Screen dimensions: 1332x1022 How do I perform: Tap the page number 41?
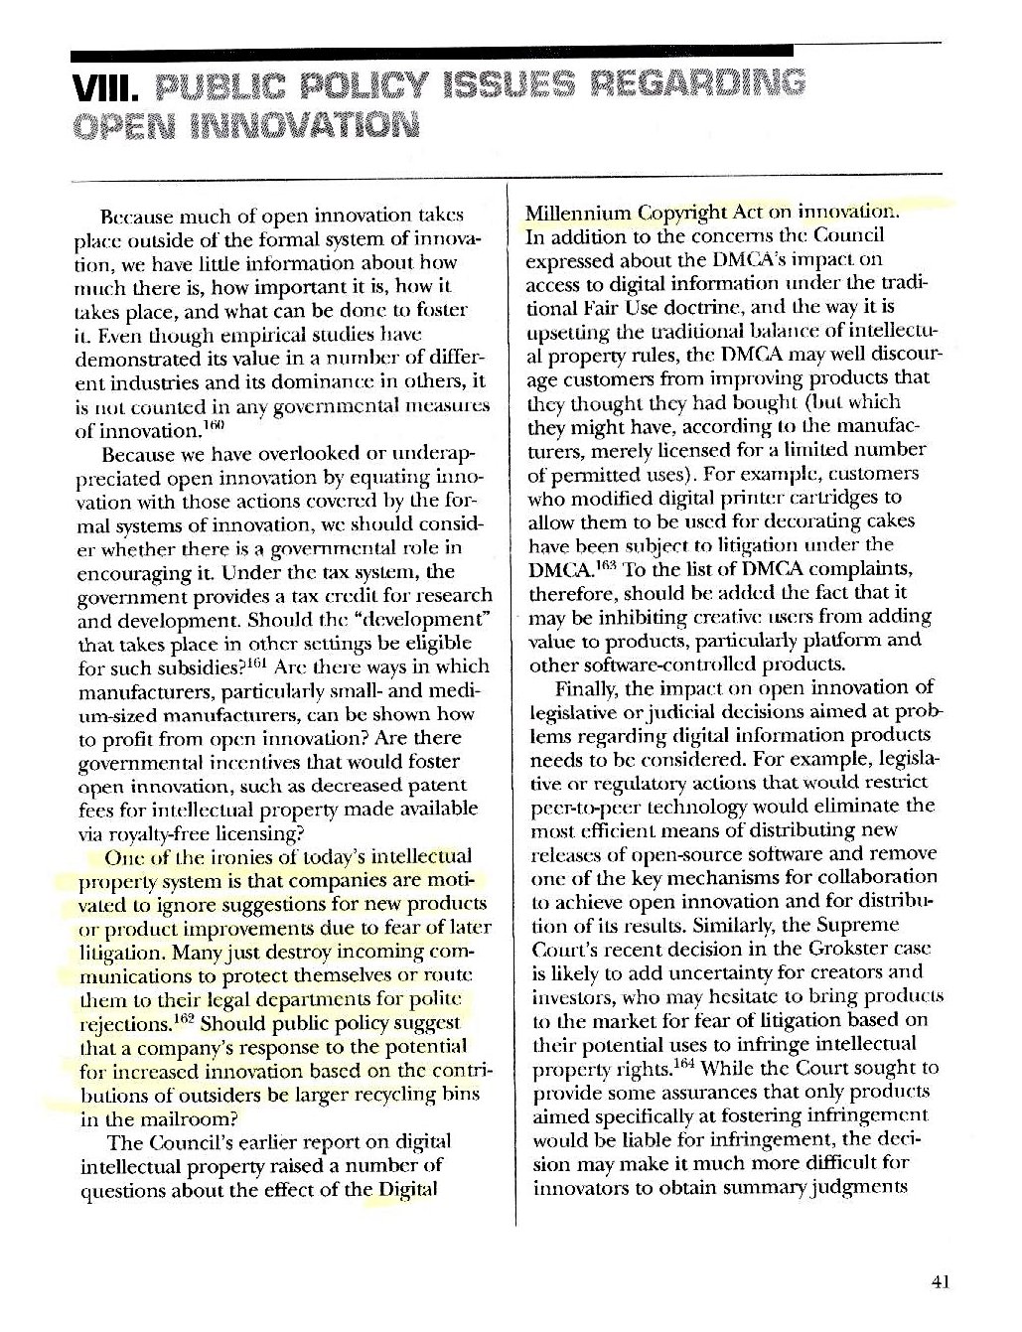tap(942, 1281)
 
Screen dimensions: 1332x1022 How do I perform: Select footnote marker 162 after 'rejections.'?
tap(184, 1017)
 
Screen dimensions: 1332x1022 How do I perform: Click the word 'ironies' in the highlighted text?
tap(244, 857)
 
